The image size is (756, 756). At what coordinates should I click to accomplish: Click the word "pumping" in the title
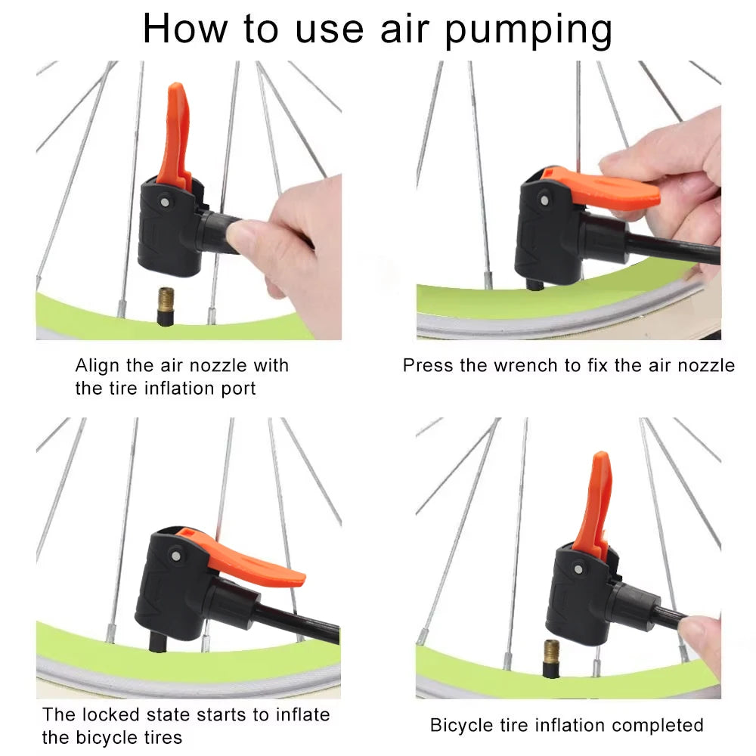[x=528, y=30]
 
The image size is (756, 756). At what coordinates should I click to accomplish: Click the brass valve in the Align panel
[x=166, y=306]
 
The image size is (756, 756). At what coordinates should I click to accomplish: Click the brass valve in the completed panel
[x=551, y=657]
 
